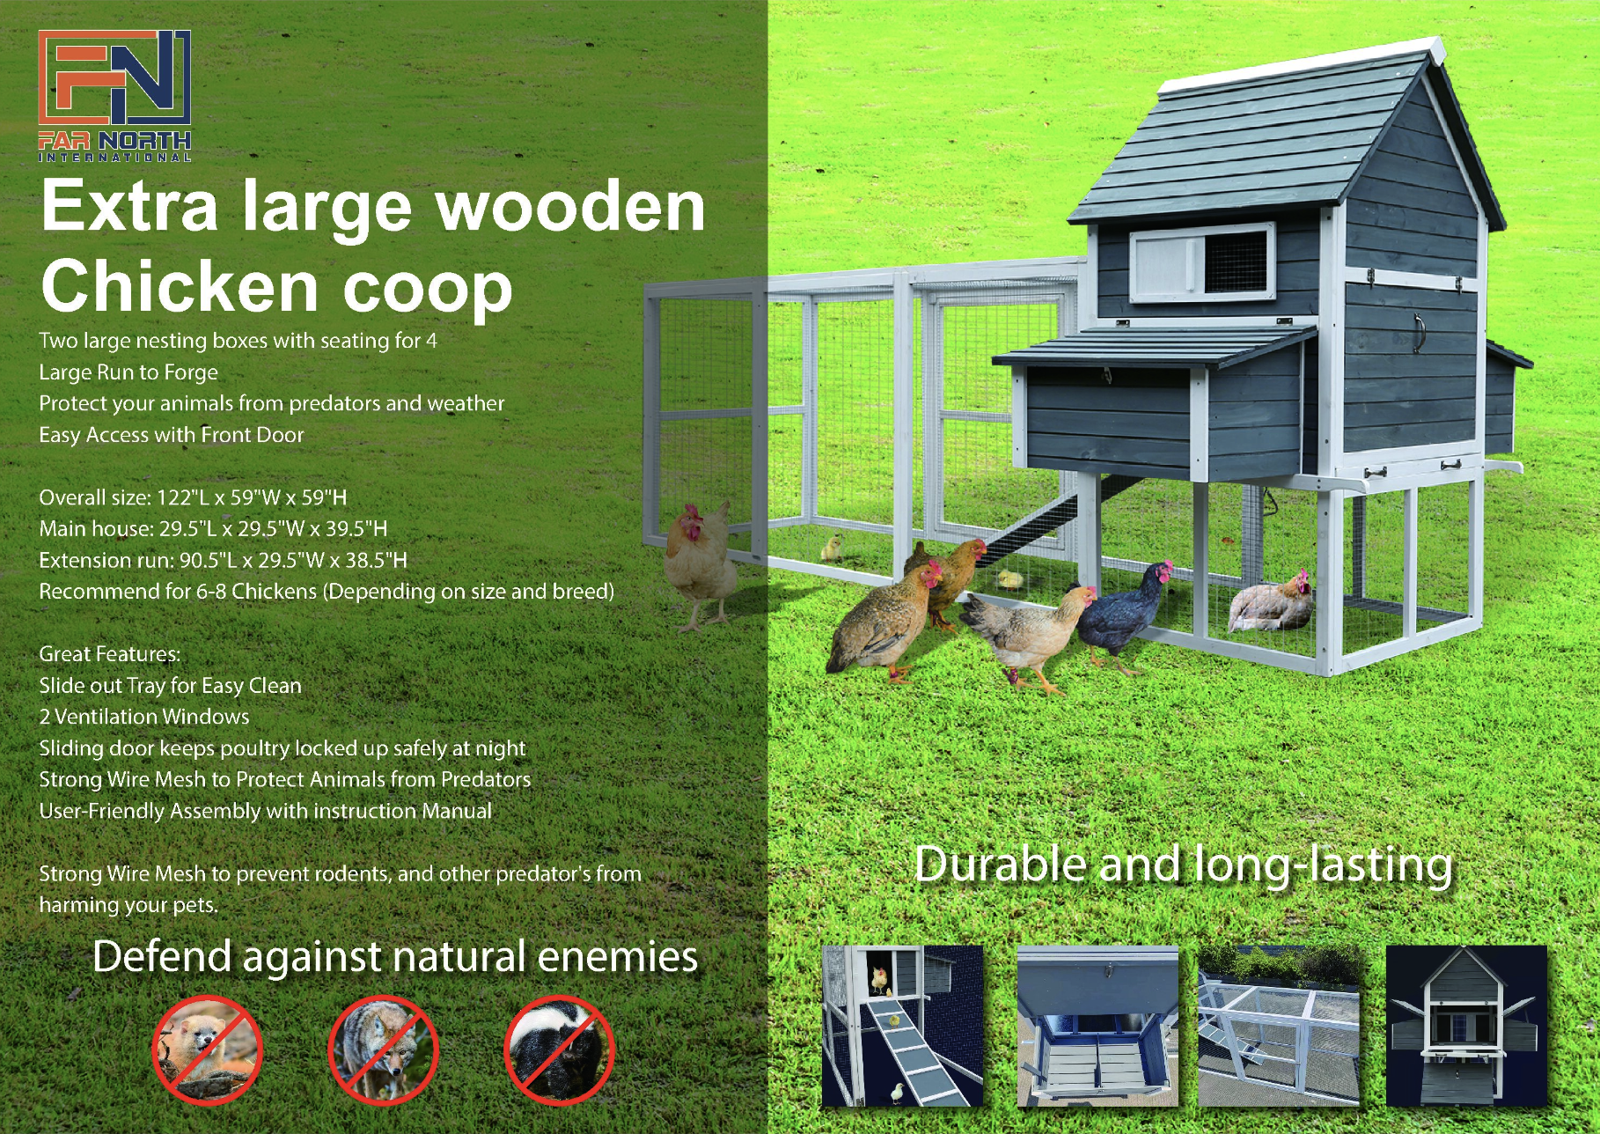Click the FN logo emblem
(114, 77)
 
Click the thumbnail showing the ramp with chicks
(902, 1026)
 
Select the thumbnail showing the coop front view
(1466, 1026)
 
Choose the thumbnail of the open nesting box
(1097, 1026)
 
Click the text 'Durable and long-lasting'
(1184, 865)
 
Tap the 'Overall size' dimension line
(193, 497)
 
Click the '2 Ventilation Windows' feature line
(144, 717)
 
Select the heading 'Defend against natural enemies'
(395, 957)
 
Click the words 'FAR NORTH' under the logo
(114, 140)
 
